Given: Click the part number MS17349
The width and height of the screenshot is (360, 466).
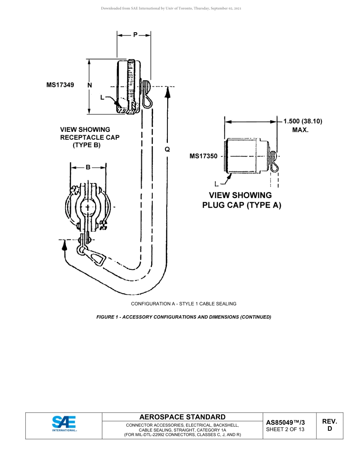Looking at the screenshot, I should tap(60, 85).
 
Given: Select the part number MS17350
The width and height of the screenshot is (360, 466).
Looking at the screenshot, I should tap(203, 156).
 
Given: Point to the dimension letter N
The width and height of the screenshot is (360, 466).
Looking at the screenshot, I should tap(90, 85).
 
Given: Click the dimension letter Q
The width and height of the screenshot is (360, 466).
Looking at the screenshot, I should tap(167, 149).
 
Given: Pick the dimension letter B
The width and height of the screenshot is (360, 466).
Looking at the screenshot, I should tap(88, 167).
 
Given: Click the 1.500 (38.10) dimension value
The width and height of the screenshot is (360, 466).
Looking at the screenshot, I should tap(303, 121).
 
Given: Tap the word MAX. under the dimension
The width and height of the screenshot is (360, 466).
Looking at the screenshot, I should tap(300, 130).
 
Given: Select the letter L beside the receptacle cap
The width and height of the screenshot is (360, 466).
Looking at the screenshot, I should tap(102, 97).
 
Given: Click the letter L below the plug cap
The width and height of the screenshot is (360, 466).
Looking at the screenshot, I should tap(216, 184).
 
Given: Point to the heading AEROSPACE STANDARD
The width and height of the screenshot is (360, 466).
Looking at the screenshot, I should tap(182, 417).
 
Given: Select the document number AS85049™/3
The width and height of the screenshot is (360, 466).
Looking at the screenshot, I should tap(285, 422).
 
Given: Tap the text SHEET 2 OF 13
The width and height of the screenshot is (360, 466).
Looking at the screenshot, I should tap(285, 429).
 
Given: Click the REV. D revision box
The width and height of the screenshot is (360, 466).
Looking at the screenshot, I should tap(329, 425).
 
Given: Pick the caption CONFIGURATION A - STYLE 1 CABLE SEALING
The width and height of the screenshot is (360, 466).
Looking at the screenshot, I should tap(184, 303).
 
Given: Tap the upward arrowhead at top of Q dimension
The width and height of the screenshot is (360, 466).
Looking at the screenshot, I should tap(167, 91).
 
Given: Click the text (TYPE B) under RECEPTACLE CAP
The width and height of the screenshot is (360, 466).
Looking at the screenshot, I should tap(86, 145).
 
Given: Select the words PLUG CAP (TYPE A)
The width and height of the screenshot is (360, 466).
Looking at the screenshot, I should tap(241, 206).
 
